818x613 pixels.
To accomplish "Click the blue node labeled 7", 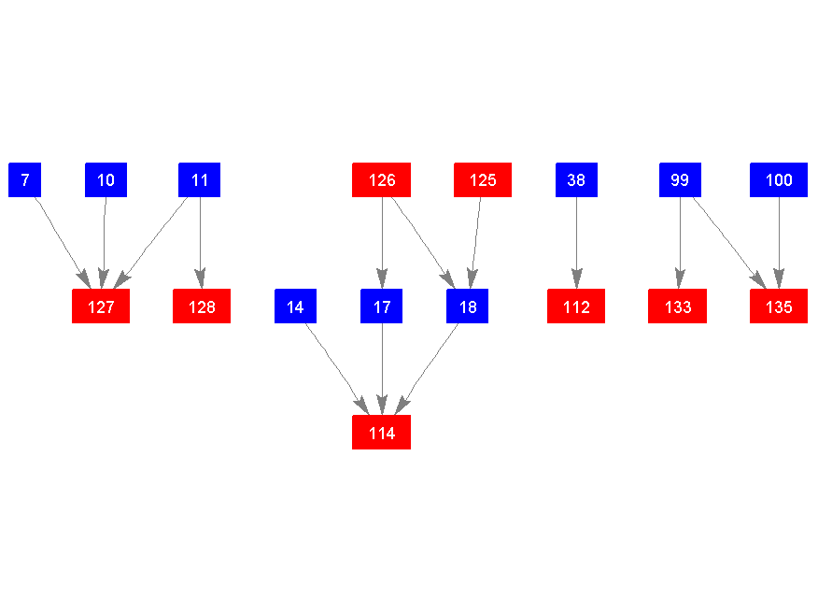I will [24, 179].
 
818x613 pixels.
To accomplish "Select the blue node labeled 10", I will [106, 179].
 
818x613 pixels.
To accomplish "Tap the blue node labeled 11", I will [199, 179].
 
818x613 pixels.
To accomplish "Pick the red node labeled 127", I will [101, 306].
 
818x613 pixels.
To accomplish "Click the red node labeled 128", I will [202, 306].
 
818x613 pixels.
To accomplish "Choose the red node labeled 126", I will [382, 179].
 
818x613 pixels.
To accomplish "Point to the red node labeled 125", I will [483, 179].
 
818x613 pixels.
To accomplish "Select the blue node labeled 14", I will [295, 306].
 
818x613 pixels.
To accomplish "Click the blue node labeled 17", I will [382, 306].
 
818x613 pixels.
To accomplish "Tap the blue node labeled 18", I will [467, 306].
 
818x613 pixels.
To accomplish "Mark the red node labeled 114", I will [382, 433].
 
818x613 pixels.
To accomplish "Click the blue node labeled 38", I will [576, 179].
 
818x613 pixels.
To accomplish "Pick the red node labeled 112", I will [576, 306].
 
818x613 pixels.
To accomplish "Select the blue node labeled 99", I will [680, 179].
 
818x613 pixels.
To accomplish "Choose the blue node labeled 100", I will [779, 179].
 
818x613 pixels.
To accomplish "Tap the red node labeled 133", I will [678, 306].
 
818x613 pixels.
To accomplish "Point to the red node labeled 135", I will [779, 306].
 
